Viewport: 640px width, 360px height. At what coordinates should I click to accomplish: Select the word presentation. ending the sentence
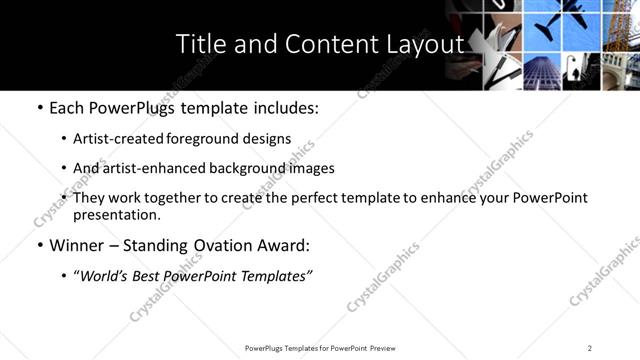pos(117,214)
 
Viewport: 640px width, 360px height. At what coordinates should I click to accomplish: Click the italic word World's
pos(108,276)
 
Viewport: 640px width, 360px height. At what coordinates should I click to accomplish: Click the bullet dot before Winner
pos(39,245)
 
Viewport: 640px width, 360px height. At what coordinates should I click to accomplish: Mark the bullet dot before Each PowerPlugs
pos(39,107)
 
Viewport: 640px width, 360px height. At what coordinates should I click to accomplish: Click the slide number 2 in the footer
pos(590,348)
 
